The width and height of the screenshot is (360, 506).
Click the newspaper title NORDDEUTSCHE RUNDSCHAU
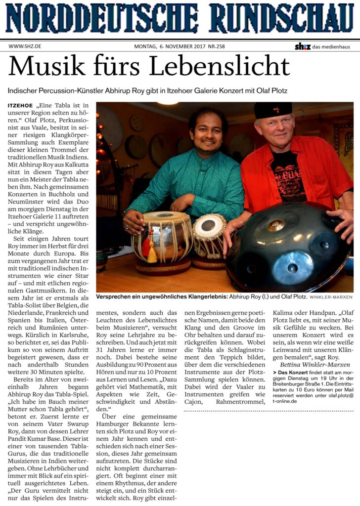(x=180, y=18)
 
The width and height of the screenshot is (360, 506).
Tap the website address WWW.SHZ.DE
(x=25, y=46)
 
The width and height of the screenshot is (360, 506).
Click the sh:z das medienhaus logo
(x=324, y=46)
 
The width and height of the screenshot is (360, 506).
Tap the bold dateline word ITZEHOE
(x=20, y=106)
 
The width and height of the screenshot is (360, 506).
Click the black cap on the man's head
(x=273, y=109)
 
